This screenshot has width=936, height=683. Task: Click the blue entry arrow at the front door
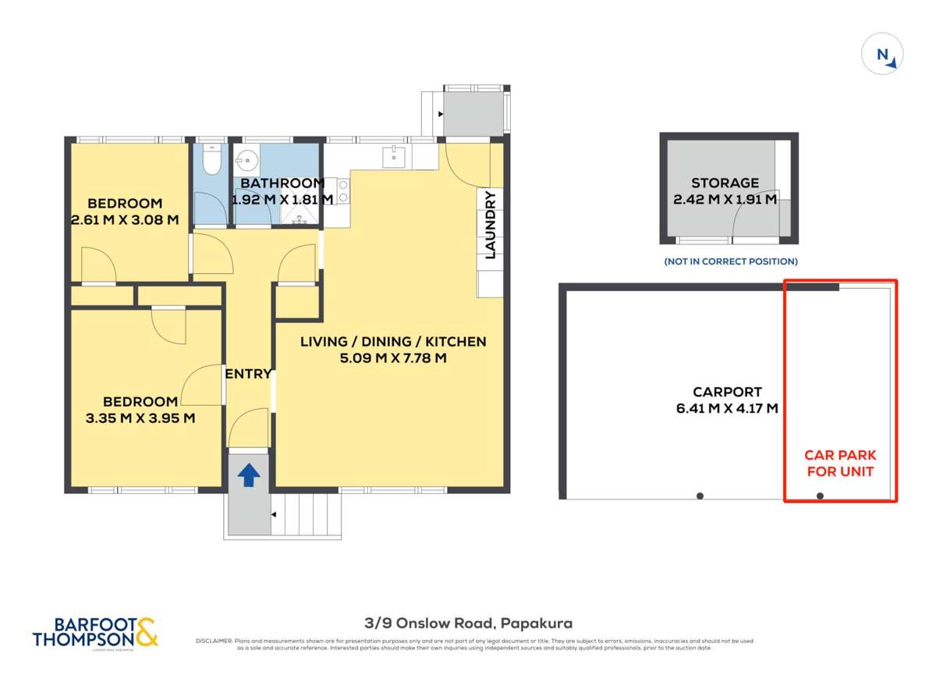pos(248,475)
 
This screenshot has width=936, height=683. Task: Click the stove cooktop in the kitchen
pos(342,192)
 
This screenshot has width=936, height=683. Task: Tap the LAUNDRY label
pos(491,225)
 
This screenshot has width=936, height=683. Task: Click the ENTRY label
pos(248,374)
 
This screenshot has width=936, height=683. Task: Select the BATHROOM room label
pos(282,183)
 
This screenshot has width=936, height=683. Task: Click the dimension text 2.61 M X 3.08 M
pos(125,220)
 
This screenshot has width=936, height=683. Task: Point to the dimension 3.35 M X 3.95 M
pos(140,418)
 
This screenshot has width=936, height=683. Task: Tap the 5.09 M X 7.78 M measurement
pos(394,359)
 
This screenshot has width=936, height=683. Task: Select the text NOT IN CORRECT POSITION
pos(730,261)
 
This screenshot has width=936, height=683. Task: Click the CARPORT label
pos(727,392)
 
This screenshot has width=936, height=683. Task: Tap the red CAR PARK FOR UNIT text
pos(839,463)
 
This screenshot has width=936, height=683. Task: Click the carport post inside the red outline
pos(820,496)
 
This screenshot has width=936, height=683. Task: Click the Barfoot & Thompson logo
pos(95,632)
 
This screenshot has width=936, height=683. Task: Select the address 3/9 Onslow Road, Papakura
pos(468,623)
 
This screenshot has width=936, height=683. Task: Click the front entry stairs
pos(309,515)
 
